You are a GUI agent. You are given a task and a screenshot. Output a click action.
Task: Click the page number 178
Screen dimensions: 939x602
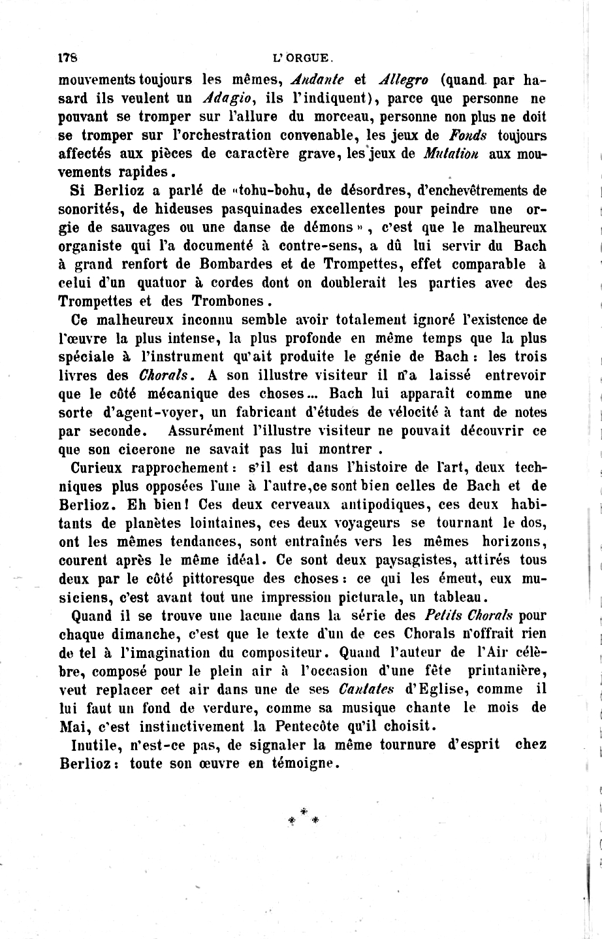68,57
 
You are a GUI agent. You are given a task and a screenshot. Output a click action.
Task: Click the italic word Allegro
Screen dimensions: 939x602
404,81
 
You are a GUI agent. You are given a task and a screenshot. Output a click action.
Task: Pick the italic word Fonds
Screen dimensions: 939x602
469,136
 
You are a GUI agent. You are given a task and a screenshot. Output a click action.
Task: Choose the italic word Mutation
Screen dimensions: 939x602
453,154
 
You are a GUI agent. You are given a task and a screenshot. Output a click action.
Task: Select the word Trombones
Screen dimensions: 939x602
227,302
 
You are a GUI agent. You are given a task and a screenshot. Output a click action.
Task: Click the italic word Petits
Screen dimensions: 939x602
445,616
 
